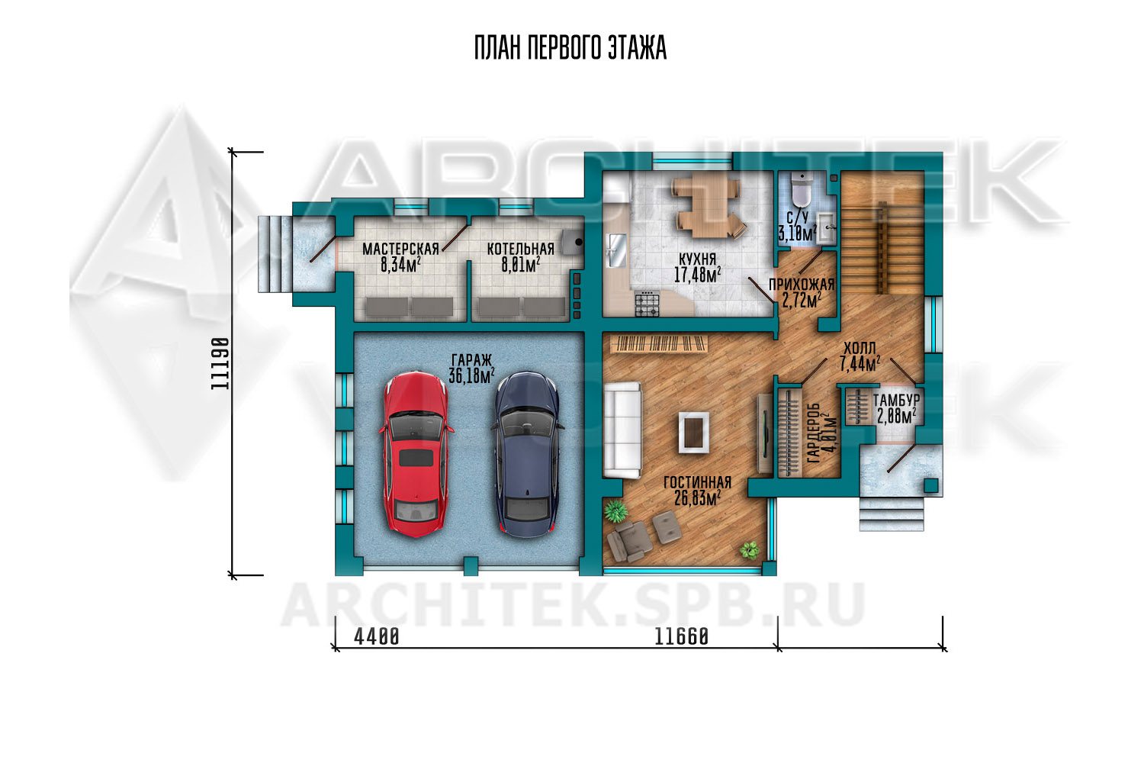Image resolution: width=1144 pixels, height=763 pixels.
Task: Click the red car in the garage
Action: [416, 454]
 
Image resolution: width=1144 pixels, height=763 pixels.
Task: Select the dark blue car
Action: [528, 454]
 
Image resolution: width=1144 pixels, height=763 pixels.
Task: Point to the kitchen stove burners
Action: [647, 304]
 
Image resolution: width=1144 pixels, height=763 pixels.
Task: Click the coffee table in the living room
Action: [693, 433]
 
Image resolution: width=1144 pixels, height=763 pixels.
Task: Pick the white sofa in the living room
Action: [622, 430]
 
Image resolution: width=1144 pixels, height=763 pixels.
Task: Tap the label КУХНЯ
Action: [697, 259]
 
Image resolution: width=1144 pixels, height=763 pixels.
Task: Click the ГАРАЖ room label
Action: [471, 360]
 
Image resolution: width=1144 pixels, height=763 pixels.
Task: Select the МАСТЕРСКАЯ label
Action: [400, 249]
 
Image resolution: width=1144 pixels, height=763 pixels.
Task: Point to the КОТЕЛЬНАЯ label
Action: [520, 249]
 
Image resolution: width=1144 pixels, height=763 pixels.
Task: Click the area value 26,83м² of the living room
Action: [697, 497]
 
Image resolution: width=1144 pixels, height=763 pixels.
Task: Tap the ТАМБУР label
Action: [896, 399]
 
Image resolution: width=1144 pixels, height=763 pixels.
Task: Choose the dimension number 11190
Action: [220, 363]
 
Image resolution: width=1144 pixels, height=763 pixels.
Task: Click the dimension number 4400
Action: [377, 637]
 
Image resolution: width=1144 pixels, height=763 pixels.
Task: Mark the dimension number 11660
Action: [681, 637]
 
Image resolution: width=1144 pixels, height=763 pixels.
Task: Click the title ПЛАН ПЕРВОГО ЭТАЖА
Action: [570, 48]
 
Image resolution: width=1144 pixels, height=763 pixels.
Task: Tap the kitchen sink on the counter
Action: [616, 250]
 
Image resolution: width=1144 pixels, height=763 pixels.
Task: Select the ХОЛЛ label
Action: [860, 349]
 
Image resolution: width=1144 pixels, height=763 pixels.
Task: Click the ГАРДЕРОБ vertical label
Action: [814, 433]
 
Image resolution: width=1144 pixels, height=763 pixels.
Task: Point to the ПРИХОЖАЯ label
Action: [802, 284]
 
